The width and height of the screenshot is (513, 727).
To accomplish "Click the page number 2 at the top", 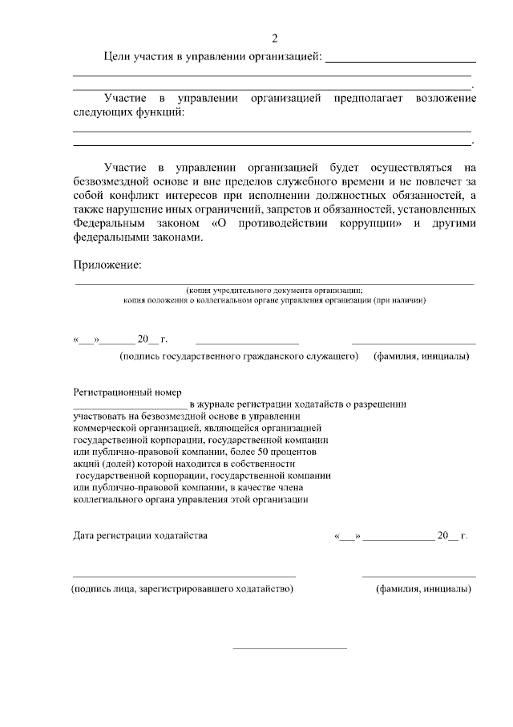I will (x=275, y=39).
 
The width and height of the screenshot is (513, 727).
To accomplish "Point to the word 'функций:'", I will (x=160, y=112).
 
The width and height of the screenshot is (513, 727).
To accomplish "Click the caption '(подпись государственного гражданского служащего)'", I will (x=238, y=355).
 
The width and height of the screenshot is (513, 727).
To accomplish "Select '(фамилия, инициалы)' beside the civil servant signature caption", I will (x=422, y=355).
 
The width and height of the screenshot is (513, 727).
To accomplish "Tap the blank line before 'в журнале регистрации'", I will (x=129, y=408).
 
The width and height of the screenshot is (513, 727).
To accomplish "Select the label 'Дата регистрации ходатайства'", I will (x=140, y=535).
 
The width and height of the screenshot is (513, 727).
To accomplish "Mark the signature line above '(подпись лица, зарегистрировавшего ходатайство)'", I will (x=184, y=576).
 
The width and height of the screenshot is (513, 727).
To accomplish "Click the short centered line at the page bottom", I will (x=289, y=648).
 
